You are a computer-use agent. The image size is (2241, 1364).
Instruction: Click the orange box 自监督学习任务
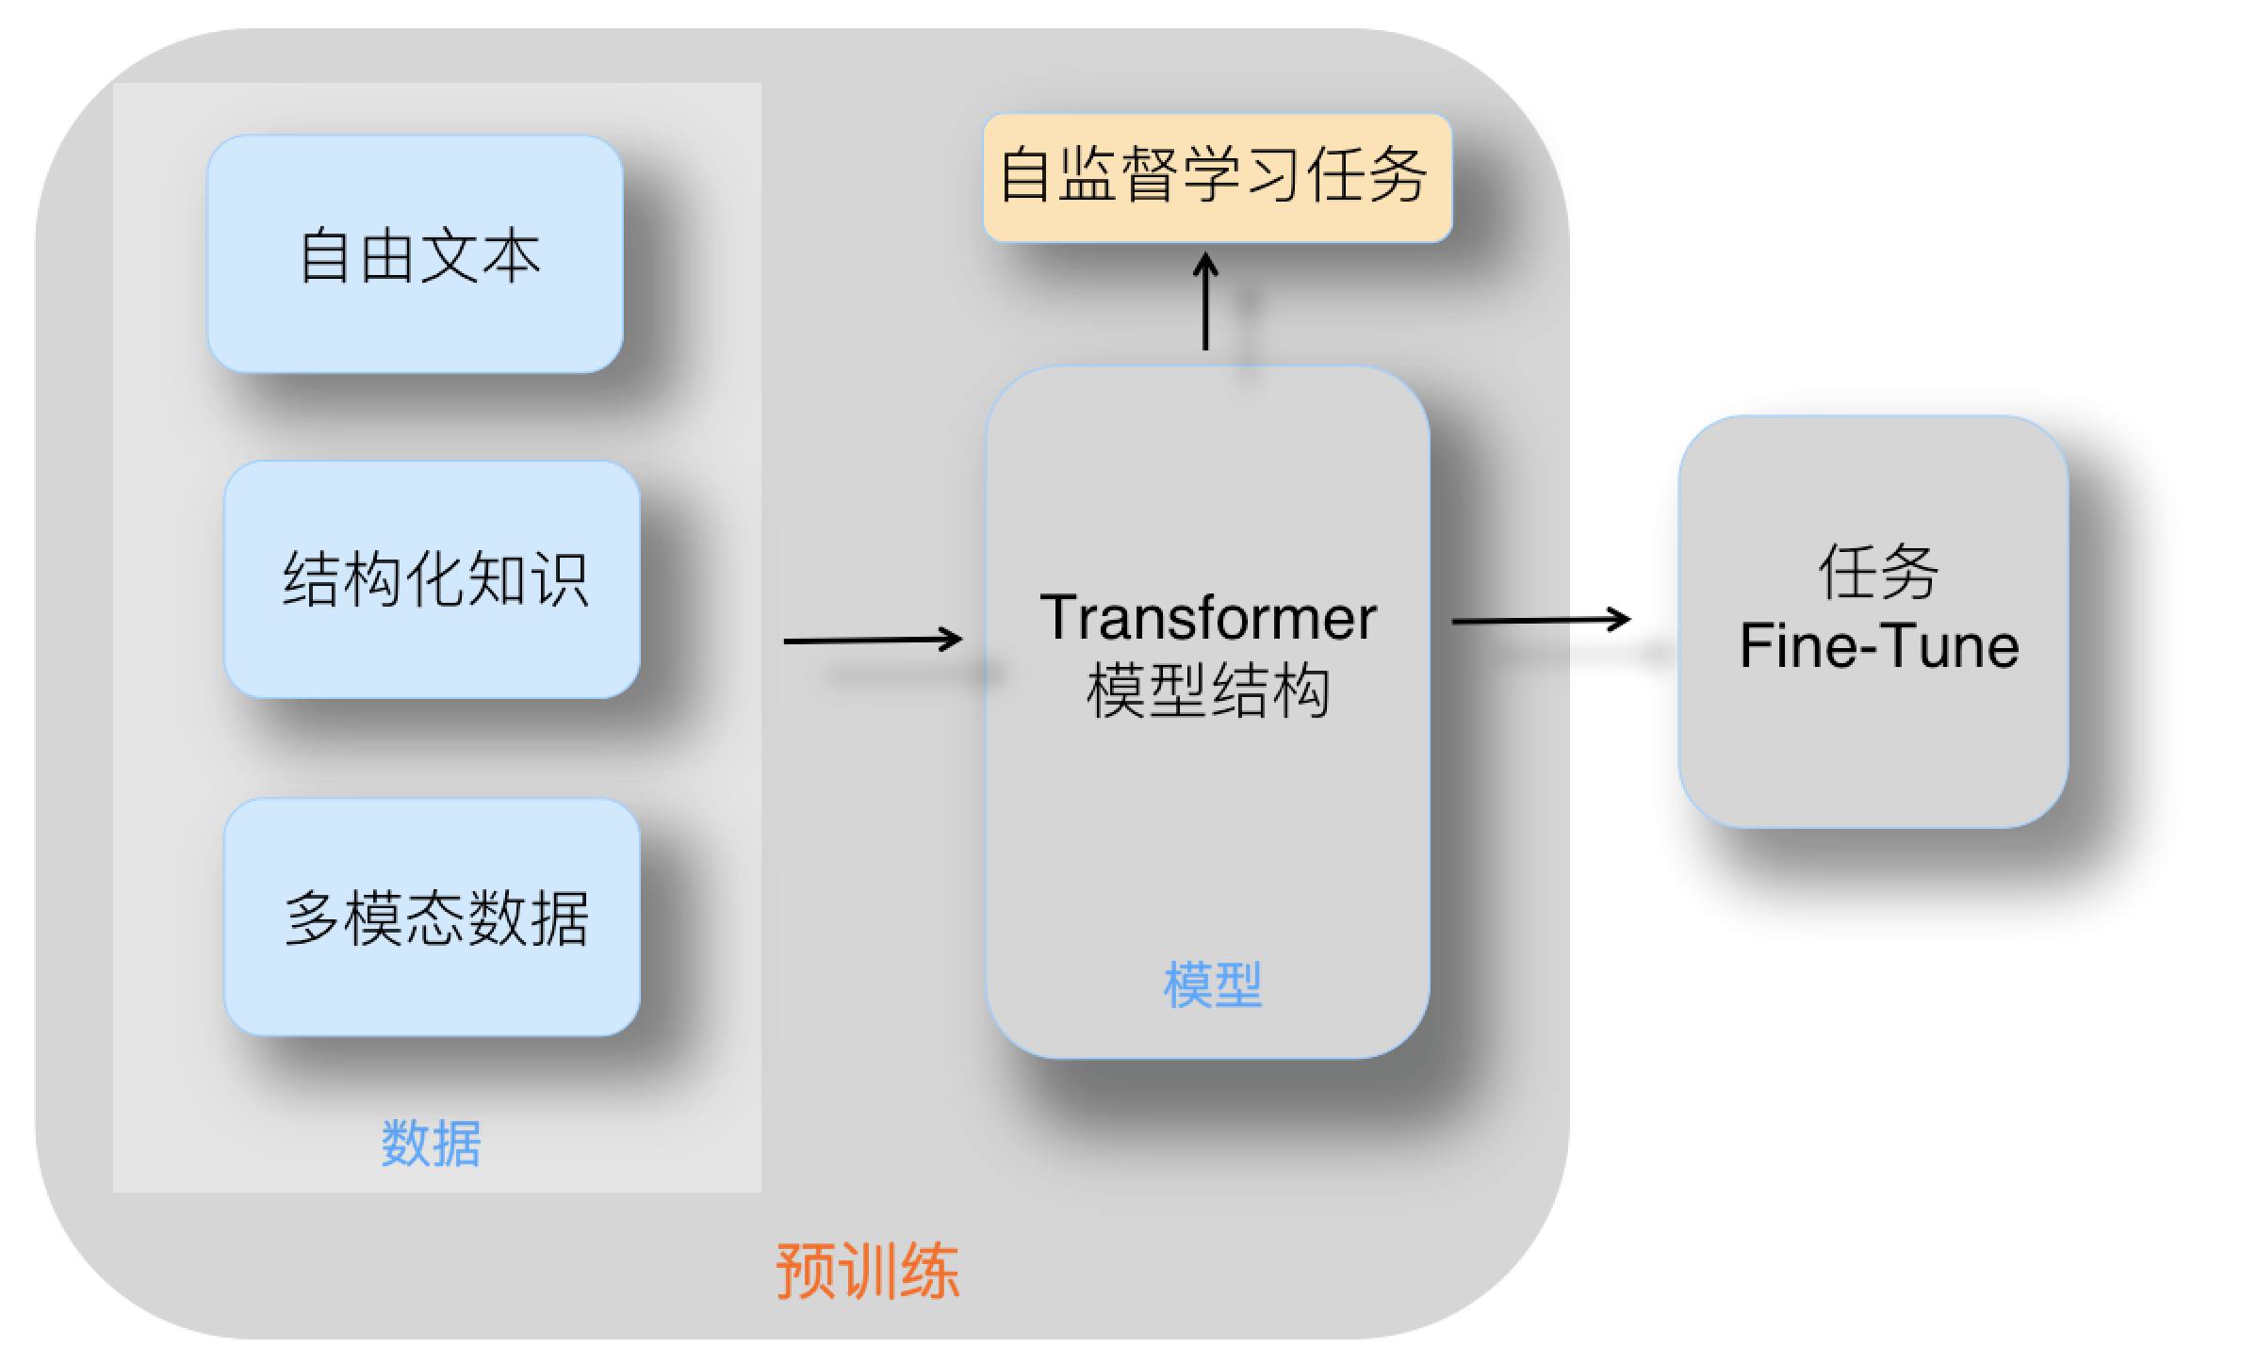point(1217,177)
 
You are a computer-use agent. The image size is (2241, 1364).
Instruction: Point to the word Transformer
point(1207,619)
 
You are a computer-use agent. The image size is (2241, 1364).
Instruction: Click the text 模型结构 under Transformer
point(1207,691)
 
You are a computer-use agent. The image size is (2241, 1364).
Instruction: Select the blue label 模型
point(1212,985)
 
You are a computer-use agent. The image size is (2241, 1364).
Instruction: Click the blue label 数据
point(431,1144)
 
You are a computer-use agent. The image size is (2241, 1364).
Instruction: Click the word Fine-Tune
point(1878,646)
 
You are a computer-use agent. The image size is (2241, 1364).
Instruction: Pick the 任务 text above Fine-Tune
point(1877,572)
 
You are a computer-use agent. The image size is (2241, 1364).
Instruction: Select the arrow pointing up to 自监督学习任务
point(1205,301)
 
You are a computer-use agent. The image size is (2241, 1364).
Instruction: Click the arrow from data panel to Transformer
point(872,641)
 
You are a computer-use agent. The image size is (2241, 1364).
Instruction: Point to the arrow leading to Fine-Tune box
point(1541,621)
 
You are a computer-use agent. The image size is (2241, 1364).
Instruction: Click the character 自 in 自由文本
point(326,256)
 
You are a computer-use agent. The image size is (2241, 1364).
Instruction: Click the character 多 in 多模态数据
point(313,917)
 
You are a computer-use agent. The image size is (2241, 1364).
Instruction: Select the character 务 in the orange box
point(1398,175)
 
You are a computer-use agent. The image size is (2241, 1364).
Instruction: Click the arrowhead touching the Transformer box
point(952,640)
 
